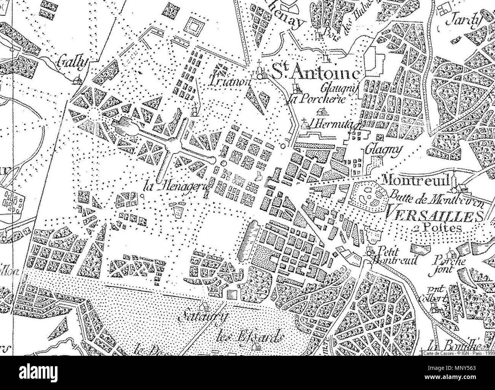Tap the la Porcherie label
pos(315,100)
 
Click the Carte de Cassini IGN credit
pos(457,353)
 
